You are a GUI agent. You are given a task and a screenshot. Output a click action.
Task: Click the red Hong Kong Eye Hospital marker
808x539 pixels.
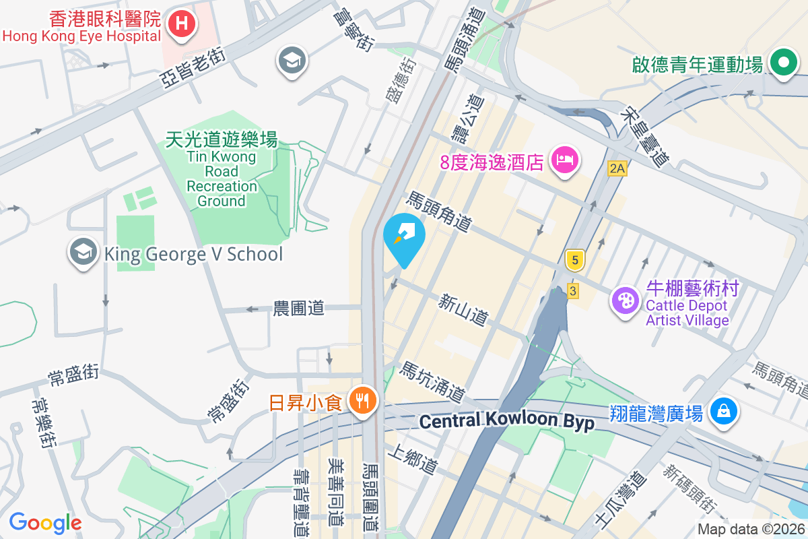pyautogui.click(x=182, y=25)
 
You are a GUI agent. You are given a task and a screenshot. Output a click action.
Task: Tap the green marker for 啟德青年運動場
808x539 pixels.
pyautogui.click(x=784, y=64)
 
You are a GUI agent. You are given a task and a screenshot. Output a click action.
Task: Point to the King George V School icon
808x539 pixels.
pyautogui.click(x=83, y=253)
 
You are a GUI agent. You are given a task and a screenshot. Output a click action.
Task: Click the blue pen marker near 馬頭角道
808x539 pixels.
pyautogui.click(x=404, y=235)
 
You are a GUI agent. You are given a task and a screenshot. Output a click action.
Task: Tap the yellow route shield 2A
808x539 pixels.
pyautogui.click(x=617, y=168)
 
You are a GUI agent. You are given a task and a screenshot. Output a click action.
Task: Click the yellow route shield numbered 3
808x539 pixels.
pyautogui.click(x=572, y=291)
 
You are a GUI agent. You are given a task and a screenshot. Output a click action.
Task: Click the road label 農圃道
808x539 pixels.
pyautogui.click(x=298, y=309)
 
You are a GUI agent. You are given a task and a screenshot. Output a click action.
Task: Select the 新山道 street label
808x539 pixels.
pyautogui.click(x=463, y=309)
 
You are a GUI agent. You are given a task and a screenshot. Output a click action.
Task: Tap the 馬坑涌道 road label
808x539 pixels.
pyautogui.click(x=433, y=381)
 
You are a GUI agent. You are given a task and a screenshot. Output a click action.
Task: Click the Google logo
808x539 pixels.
pyautogui.click(x=45, y=522)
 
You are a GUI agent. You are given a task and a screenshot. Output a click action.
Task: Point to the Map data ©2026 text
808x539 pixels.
pyautogui.click(x=749, y=530)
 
